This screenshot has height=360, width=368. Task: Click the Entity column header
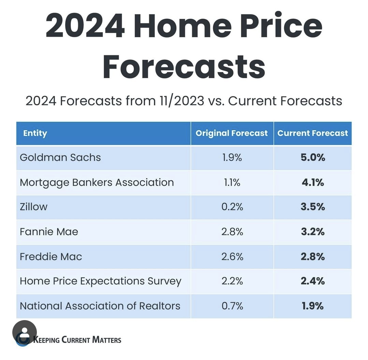[35, 133]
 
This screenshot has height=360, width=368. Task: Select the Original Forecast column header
[231, 133]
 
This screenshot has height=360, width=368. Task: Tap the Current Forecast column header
[312, 133]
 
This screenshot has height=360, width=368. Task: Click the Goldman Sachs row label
[60, 157]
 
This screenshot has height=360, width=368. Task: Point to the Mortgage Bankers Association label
[97, 182]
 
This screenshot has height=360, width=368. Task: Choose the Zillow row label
[33, 207]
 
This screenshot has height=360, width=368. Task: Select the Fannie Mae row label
[49, 232]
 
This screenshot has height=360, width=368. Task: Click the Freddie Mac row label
[51, 256]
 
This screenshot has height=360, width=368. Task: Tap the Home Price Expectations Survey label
[100, 281]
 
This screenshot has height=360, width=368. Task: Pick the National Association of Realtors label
[100, 306]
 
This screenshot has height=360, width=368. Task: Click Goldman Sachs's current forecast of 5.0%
[312, 157]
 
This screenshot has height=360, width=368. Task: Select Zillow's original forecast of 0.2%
[232, 207]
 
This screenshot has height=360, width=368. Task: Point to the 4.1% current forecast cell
[312, 182]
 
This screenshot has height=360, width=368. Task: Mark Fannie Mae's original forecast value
[232, 232]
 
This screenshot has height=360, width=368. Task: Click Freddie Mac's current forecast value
[312, 256]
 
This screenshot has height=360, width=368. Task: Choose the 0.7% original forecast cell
[232, 306]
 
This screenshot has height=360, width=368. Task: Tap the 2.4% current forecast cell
[312, 281]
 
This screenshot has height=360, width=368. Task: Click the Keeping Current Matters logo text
[77, 340]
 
